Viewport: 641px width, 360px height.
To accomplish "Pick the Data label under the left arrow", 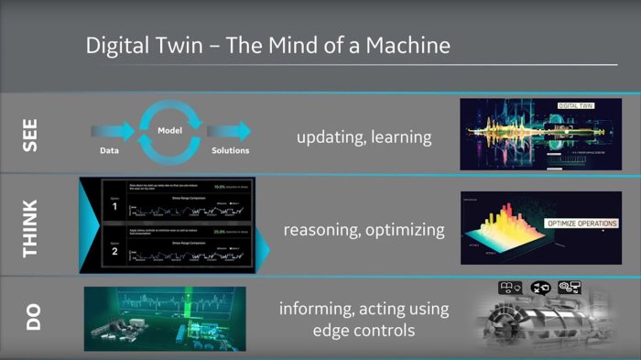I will pos(107,151).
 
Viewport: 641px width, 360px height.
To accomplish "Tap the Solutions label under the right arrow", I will pos(229,151).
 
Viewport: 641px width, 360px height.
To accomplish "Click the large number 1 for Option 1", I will pos(114,208).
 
